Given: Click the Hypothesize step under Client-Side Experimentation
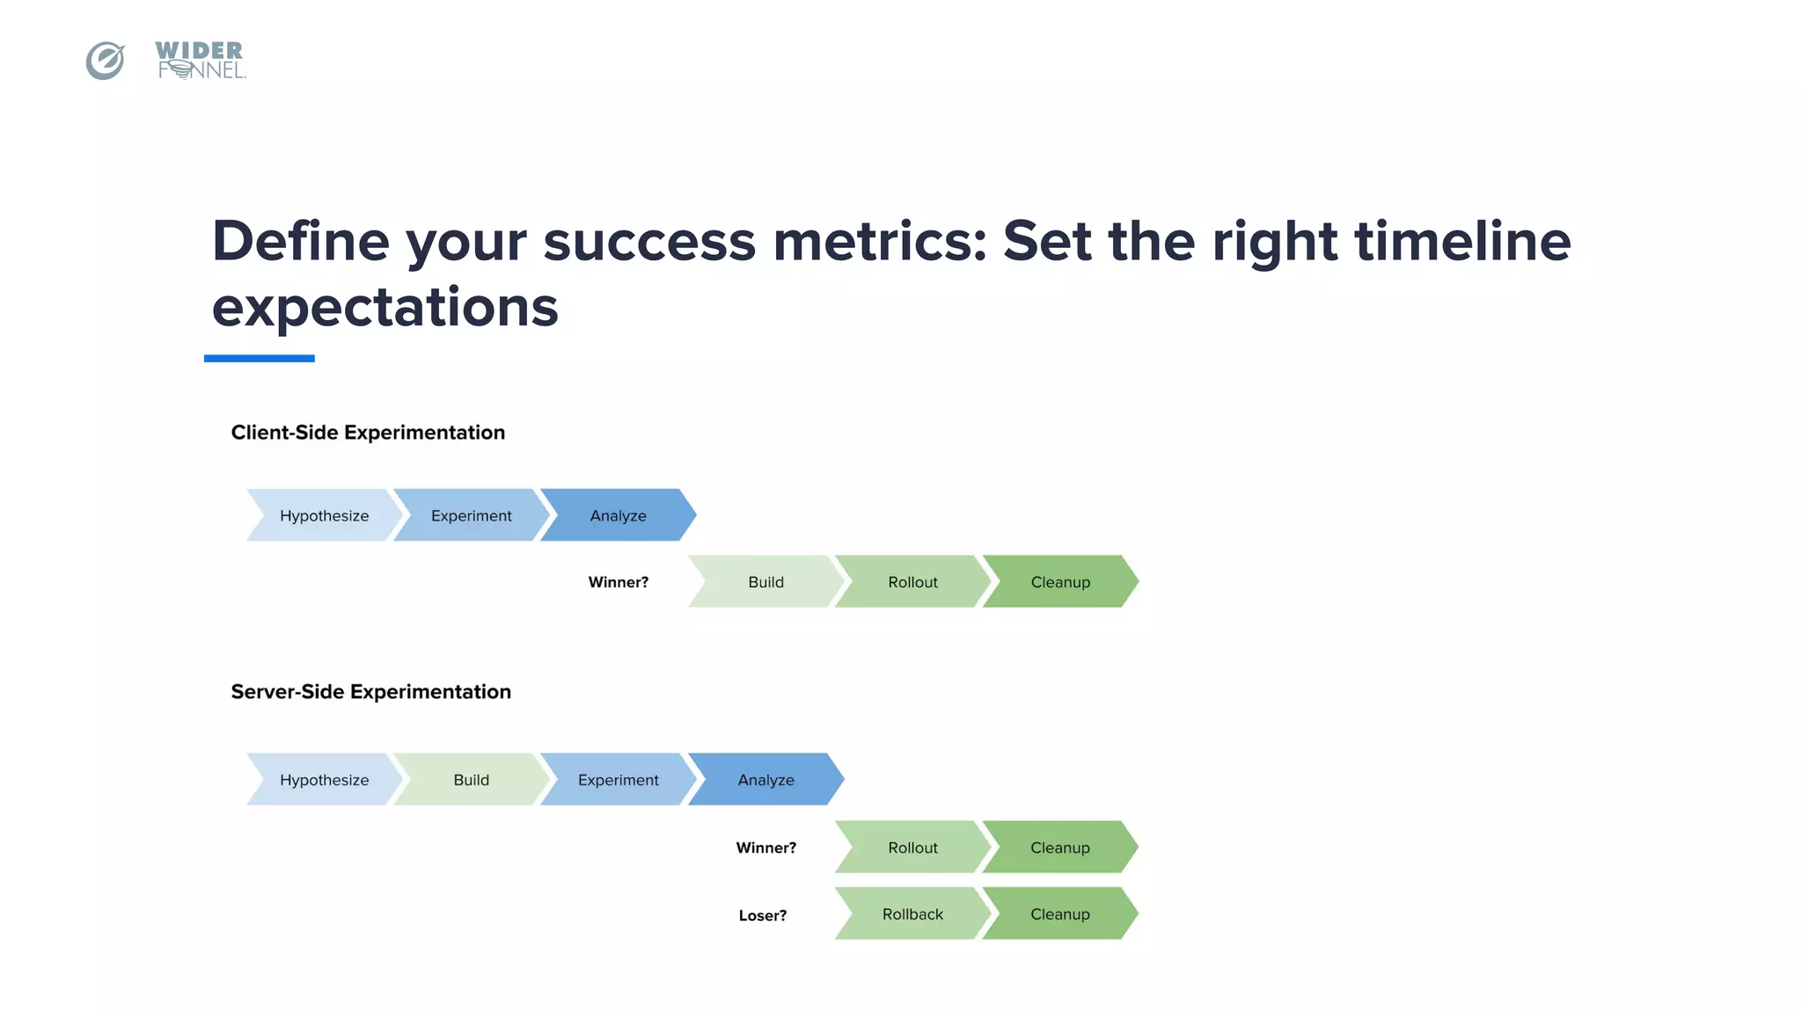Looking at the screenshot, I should point(324,515).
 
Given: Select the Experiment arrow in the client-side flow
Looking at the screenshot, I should point(471,515).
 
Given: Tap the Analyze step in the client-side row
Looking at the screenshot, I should point(618,515).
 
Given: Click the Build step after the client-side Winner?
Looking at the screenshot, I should point(765,582).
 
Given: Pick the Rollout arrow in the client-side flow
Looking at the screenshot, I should point(912,582).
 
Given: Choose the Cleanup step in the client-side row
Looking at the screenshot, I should point(1060,582).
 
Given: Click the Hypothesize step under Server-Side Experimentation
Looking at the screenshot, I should point(324,780).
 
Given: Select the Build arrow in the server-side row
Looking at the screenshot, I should point(471,780).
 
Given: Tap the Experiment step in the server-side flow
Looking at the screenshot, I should point(618,780).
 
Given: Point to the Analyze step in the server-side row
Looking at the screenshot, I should point(765,780).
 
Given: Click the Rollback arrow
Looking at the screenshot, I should point(912,915).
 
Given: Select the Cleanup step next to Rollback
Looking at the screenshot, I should point(1060,915).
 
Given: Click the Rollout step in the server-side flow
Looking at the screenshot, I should point(912,848).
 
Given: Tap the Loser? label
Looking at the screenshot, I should point(763,915).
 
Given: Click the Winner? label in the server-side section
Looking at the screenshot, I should point(765,848).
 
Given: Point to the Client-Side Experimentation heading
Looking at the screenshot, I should point(368,433).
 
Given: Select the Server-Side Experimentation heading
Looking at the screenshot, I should point(370,692).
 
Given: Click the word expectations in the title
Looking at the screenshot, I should point(385,308).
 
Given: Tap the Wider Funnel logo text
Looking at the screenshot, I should point(201,61).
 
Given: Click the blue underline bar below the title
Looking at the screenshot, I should point(259,359).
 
